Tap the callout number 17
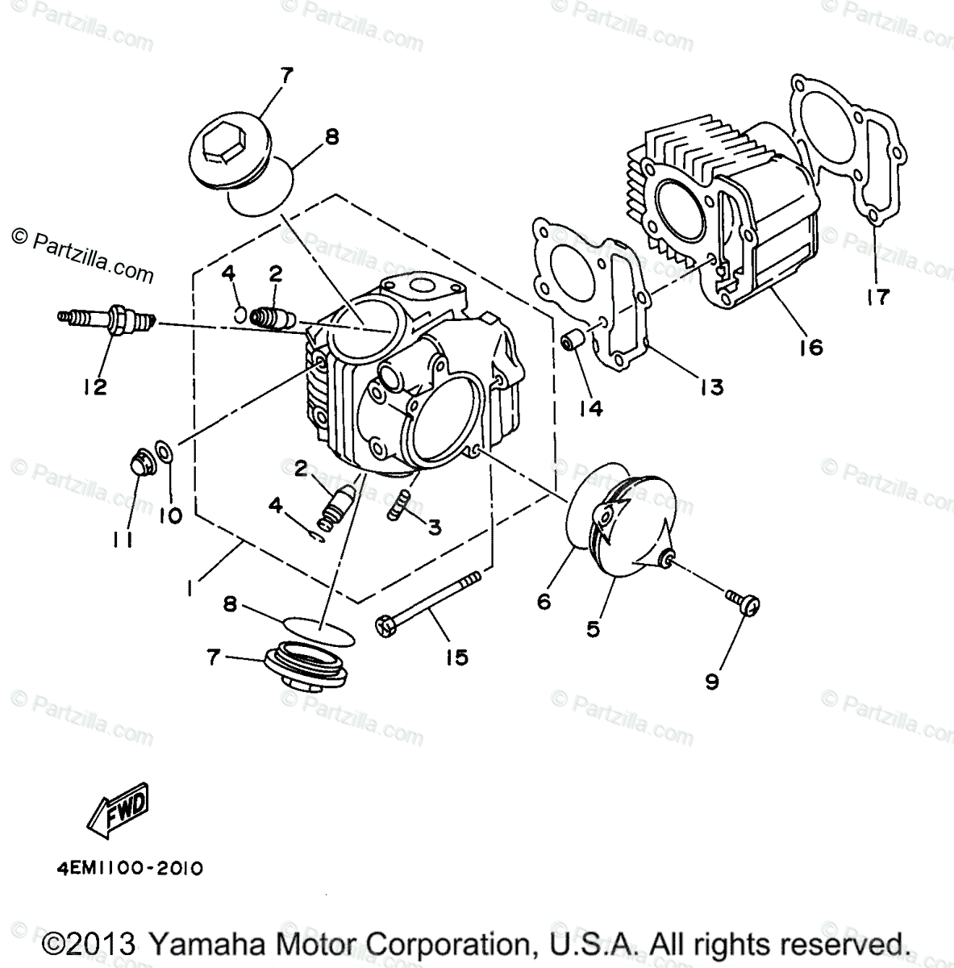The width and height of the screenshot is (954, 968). pyautogui.click(x=877, y=296)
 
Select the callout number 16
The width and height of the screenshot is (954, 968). pyautogui.click(x=811, y=347)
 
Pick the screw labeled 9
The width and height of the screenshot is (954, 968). pyautogui.click(x=744, y=602)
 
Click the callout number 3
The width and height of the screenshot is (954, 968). pyautogui.click(x=434, y=527)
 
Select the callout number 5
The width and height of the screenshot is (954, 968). pyautogui.click(x=593, y=629)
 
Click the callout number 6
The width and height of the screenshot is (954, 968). pyautogui.click(x=544, y=601)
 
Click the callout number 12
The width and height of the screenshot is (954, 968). pyautogui.click(x=94, y=387)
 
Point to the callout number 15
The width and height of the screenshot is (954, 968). pyautogui.click(x=456, y=657)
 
